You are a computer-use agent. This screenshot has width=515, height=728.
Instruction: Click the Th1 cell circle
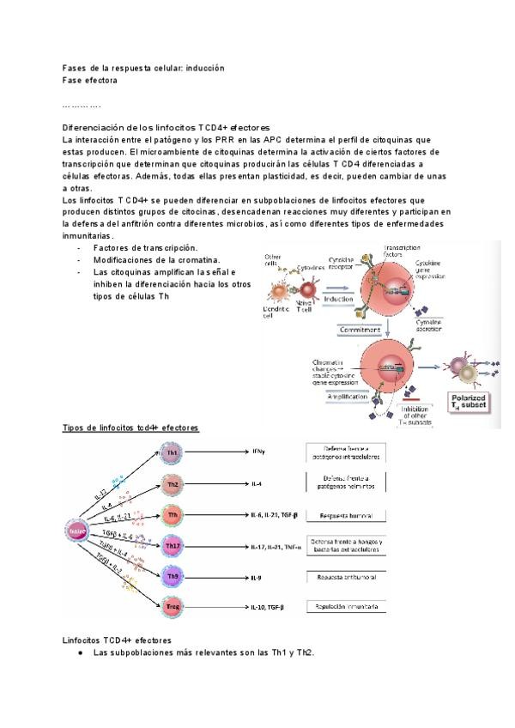pyautogui.click(x=173, y=452)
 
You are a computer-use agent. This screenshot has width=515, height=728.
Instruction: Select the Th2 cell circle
pyautogui.click(x=173, y=484)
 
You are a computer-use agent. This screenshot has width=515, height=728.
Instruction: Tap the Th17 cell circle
pyautogui.click(x=173, y=545)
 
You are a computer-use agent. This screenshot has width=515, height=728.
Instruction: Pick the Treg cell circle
pyautogui.click(x=173, y=607)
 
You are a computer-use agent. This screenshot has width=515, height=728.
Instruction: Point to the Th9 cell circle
pyautogui.click(x=173, y=576)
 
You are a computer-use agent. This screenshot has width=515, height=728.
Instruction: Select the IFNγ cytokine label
pyautogui.click(x=258, y=452)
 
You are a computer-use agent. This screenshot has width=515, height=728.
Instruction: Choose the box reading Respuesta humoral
pyautogui.click(x=346, y=515)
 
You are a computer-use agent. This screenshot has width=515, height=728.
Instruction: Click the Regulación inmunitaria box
pyautogui.click(x=346, y=606)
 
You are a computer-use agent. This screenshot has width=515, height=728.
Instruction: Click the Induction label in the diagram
pyautogui.click(x=339, y=300)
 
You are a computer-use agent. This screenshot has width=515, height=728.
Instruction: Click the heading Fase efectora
pyautogui.click(x=90, y=80)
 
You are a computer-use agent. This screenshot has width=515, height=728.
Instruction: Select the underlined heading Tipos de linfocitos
pyautogui.click(x=131, y=427)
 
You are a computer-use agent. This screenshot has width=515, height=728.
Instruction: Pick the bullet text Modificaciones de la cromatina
pyautogui.click(x=157, y=260)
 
